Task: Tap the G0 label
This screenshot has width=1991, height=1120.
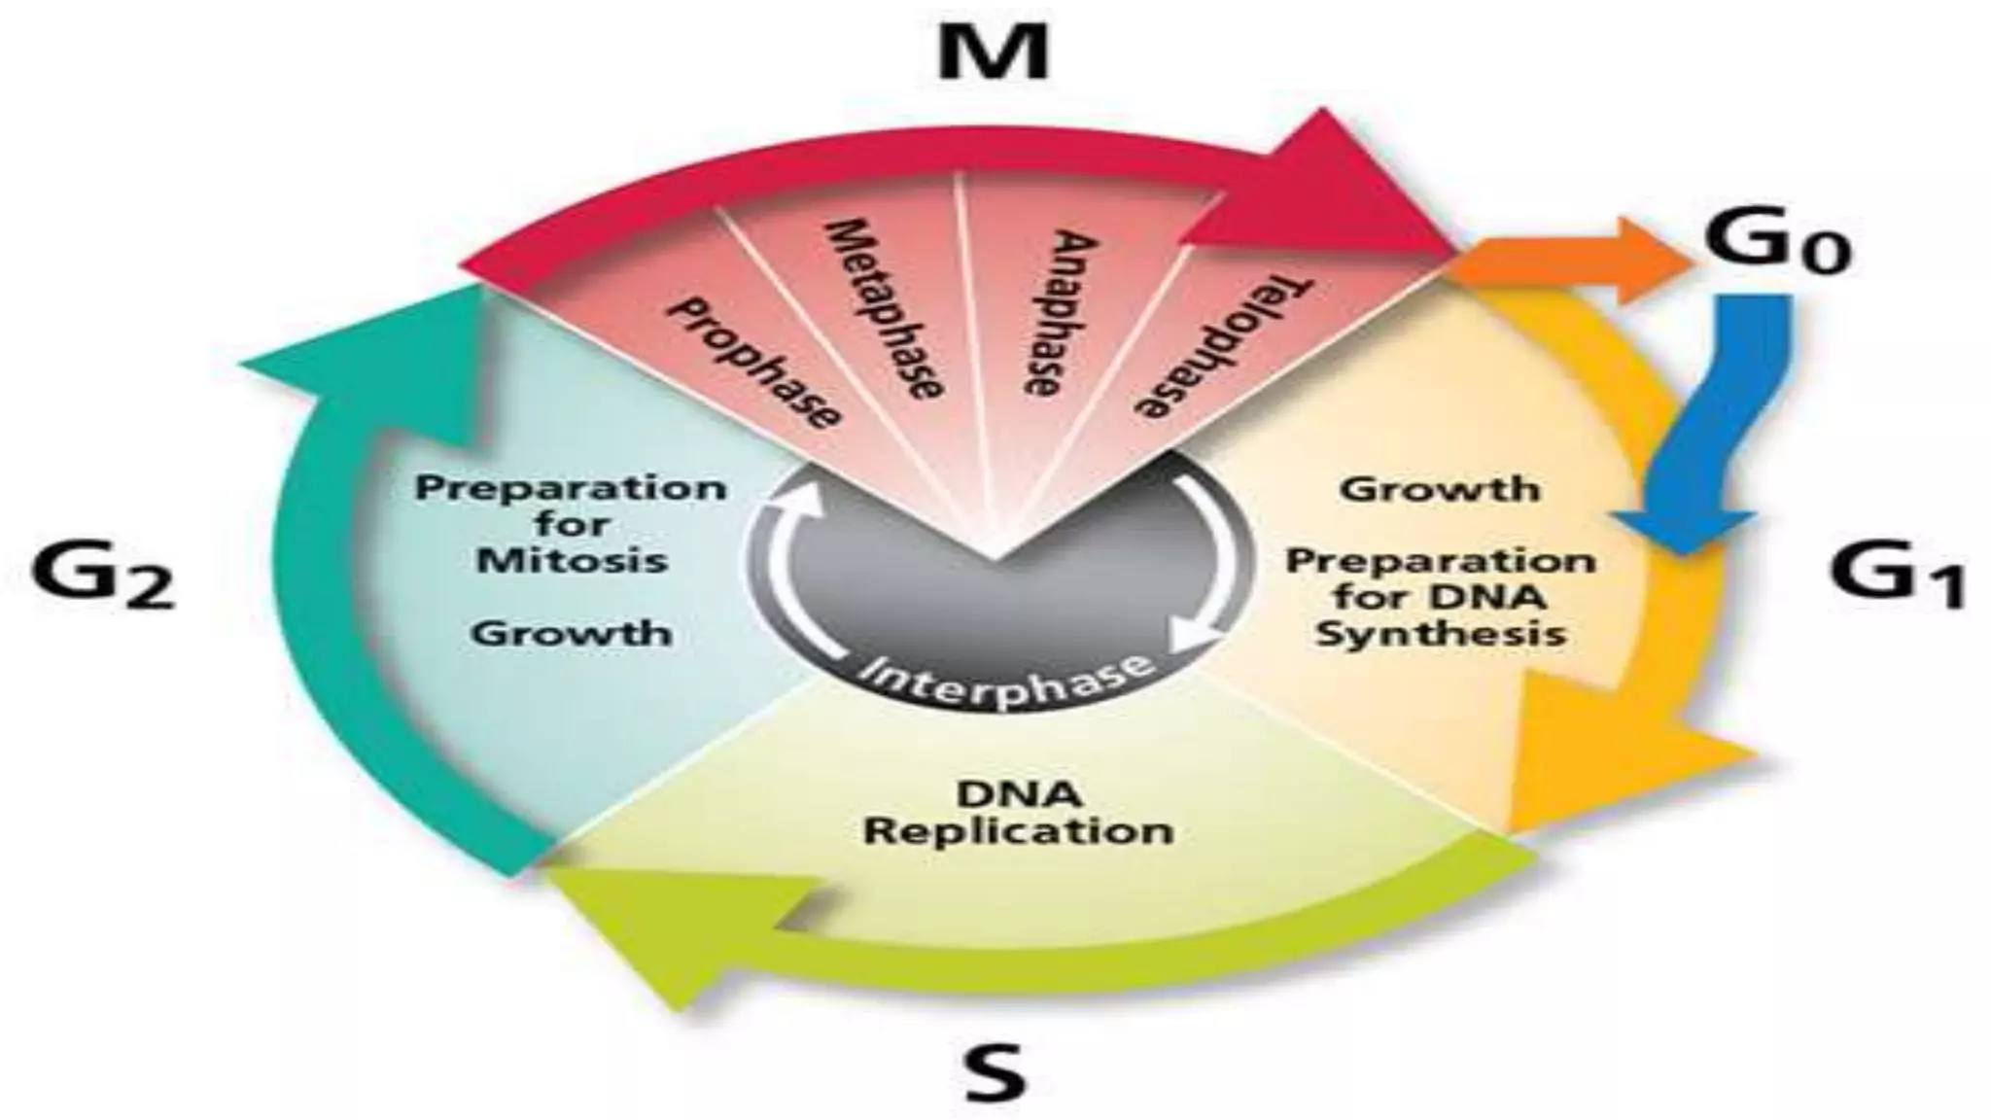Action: [1777, 243]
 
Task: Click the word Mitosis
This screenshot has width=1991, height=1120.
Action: [573, 560]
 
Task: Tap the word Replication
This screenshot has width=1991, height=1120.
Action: [1019, 831]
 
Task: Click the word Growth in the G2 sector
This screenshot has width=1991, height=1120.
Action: [573, 633]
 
